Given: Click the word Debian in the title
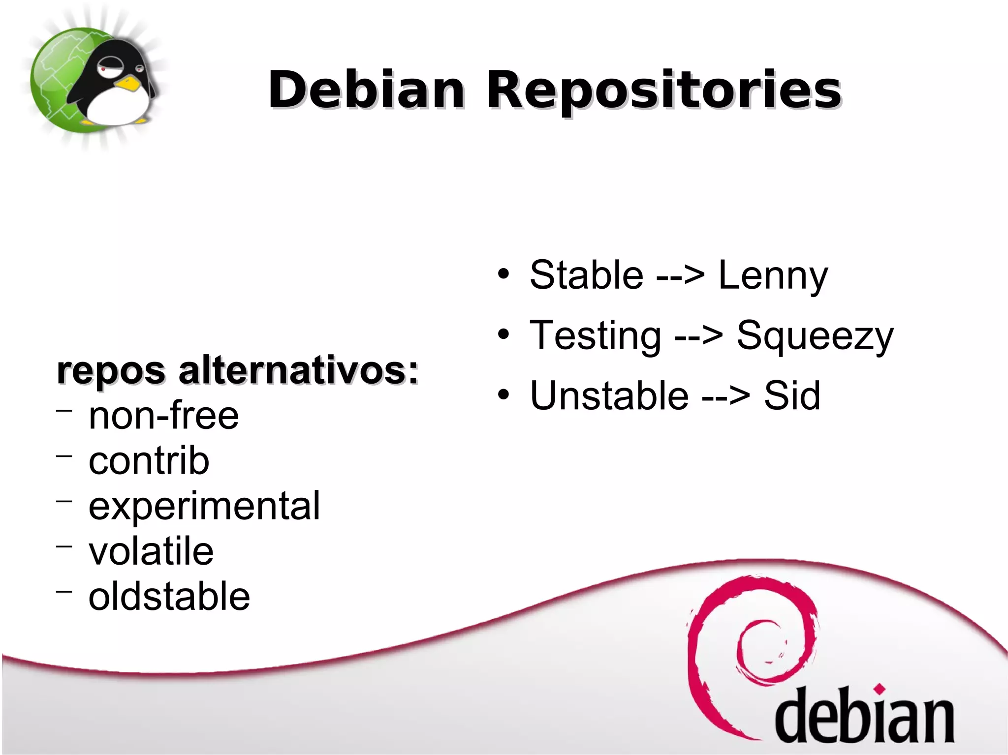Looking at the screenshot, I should point(366,90).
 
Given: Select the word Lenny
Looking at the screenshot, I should point(773,275).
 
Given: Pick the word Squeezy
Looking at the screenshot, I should point(815,336).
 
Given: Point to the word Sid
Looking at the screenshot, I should point(792,395).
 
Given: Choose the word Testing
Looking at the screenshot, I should point(595,336).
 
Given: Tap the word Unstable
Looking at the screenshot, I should point(609,395).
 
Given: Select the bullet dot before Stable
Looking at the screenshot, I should point(503,274).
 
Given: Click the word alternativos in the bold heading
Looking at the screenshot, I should point(298,371).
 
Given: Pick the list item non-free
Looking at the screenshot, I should point(163,416).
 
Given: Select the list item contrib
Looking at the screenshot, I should point(149,461).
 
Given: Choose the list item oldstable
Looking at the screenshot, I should point(169,596).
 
